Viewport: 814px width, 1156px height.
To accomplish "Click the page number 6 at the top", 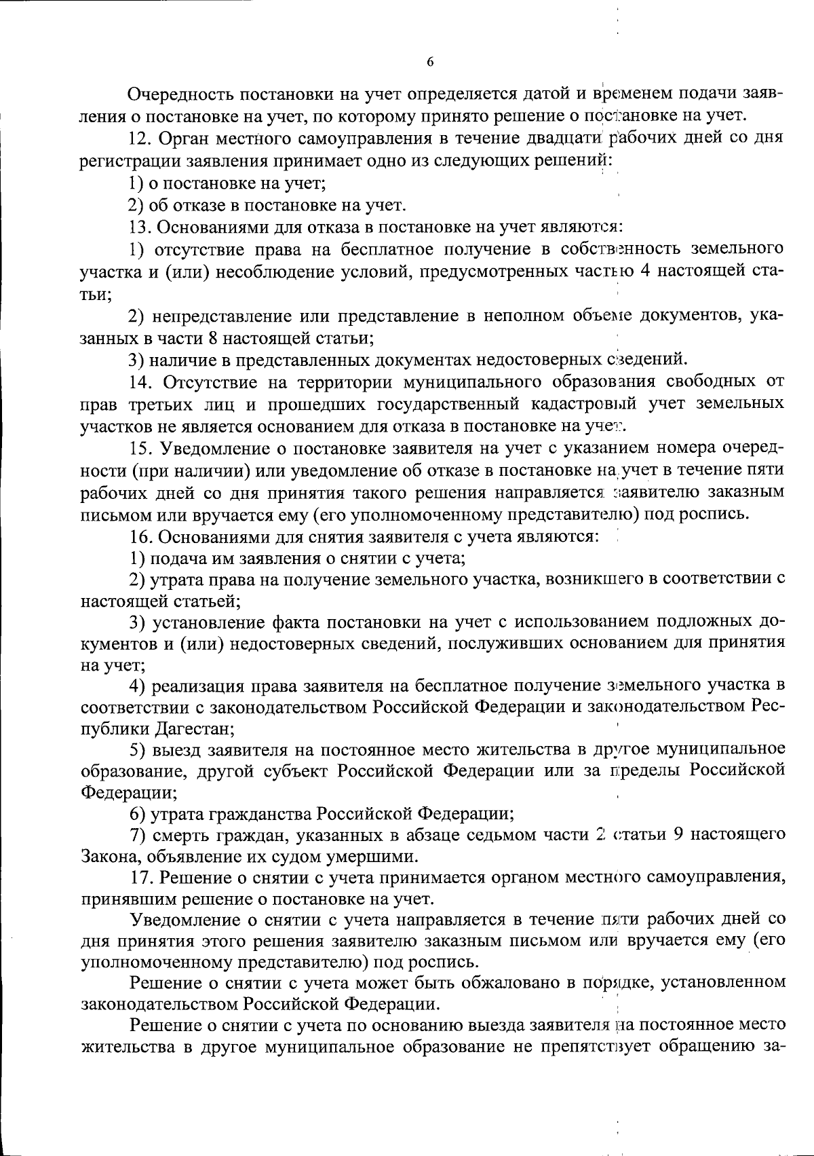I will pyautogui.click(x=430, y=62).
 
